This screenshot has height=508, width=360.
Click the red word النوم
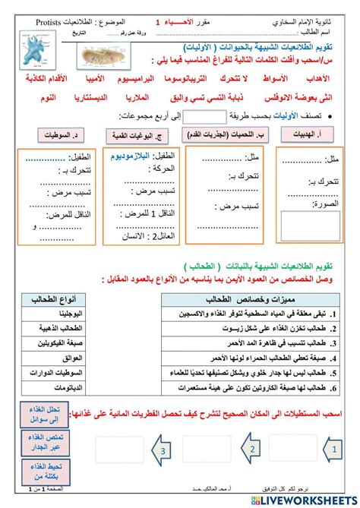(x=42, y=98)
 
